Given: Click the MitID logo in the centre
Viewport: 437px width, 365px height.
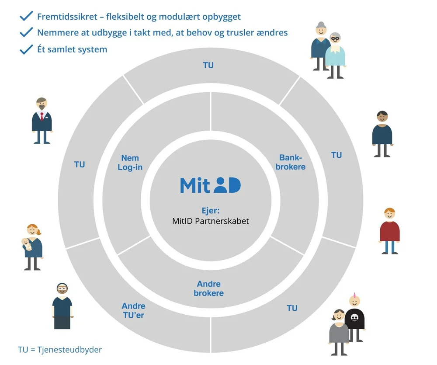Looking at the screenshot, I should (x=210, y=185).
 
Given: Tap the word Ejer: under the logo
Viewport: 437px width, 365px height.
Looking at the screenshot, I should (x=211, y=210).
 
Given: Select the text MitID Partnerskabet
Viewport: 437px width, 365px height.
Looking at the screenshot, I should (x=211, y=221).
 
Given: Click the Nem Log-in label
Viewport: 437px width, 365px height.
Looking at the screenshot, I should (x=130, y=163).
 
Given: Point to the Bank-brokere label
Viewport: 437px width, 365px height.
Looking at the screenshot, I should (x=291, y=162).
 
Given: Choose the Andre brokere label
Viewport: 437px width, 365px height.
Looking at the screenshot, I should (x=209, y=289).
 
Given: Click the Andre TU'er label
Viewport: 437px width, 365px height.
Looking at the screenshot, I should (x=133, y=310).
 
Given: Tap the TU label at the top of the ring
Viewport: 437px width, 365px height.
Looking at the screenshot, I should (x=208, y=65).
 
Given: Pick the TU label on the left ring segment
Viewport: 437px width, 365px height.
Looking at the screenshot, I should (x=80, y=164).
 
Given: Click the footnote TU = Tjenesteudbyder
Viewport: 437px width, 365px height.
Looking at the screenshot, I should (x=60, y=350).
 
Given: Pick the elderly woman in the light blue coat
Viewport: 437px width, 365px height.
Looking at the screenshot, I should (x=336, y=55).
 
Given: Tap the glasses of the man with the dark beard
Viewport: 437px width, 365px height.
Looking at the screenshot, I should (x=62, y=289).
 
